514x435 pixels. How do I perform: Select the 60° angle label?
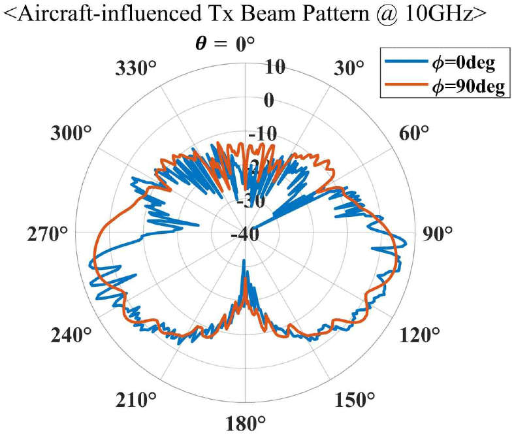(412, 133)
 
